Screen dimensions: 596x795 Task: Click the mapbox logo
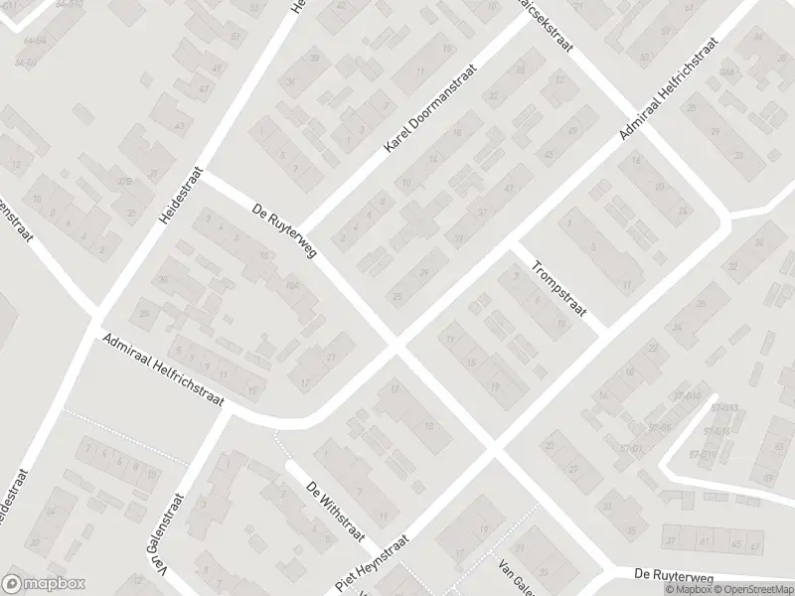point(44,583)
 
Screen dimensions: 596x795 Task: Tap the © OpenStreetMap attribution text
point(747,589)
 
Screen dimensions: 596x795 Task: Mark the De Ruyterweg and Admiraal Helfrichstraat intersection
point(397,347)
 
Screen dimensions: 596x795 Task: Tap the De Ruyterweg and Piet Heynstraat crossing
point(494,453)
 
